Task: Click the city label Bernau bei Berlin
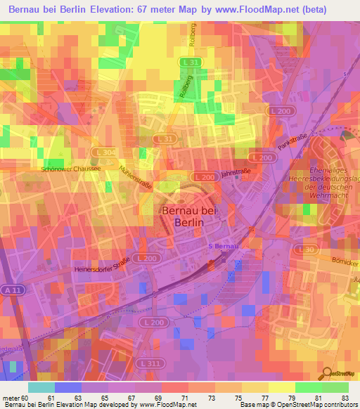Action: (183, 216)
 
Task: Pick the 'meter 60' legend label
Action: (15, 398)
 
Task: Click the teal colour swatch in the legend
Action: (41, 387)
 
